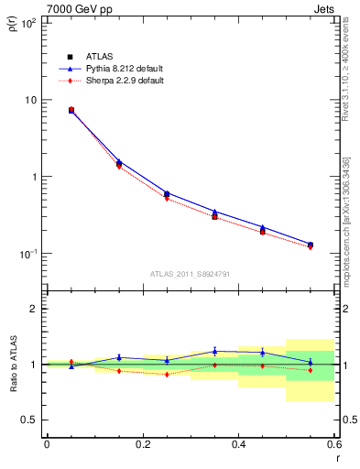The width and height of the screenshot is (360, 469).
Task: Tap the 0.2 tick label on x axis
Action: coord(142,444)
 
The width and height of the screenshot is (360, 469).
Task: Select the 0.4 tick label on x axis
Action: coord(238,444)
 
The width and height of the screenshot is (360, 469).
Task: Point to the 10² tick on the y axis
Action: coord(27,22)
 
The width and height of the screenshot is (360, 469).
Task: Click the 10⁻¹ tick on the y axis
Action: coord(27,254)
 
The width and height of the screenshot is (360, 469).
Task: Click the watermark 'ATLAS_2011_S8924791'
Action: coord(190,274)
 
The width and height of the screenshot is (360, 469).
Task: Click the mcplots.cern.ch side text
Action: coord(344,220)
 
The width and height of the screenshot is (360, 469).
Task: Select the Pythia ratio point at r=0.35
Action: coord(214,351)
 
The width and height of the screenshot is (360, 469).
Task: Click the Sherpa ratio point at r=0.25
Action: coord(167,374)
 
